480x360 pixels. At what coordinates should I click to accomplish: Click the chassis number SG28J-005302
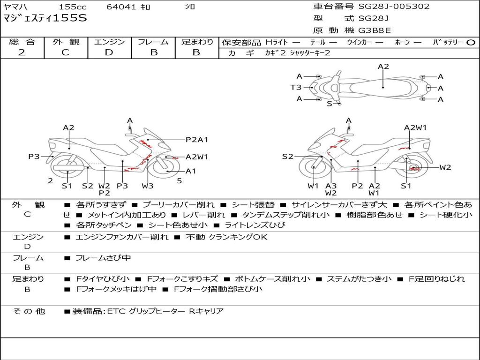click(x=394, y=6)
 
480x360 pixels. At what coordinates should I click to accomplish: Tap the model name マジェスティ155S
click(x=45, y=18)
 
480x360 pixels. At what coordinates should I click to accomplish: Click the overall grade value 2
click(x=22, y=52)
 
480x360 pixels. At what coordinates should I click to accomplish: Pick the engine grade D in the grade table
click(x=109, y=52)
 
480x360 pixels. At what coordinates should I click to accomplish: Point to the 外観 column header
click(x=66, y=42)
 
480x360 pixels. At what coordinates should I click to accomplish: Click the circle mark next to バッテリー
click(x=471, y=43)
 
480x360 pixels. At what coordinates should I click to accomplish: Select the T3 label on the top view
click(x=296, y=88)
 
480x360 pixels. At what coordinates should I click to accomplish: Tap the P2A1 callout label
click(x=197, y=140)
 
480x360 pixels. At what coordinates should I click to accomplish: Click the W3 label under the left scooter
click(x=148, y=186)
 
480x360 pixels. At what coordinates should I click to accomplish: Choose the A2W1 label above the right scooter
click(x=415, y=127)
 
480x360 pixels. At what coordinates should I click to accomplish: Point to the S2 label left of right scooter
click(x=287, y=157)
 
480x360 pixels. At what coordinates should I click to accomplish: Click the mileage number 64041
click(x=121, y=7)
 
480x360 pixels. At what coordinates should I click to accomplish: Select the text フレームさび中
click(x=103, y=258)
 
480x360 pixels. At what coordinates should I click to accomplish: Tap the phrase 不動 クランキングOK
click(x=226, y=237)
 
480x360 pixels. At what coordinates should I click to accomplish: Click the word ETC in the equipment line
click(x=117, y=311)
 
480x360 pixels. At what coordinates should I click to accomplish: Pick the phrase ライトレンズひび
click(x=255, y=225)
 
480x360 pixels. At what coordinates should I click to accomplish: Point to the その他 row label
click(x=29, y=311)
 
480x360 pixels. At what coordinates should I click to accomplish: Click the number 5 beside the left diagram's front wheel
click(x=180, y=181)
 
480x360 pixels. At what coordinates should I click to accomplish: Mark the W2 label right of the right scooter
click(x=445, y=167)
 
